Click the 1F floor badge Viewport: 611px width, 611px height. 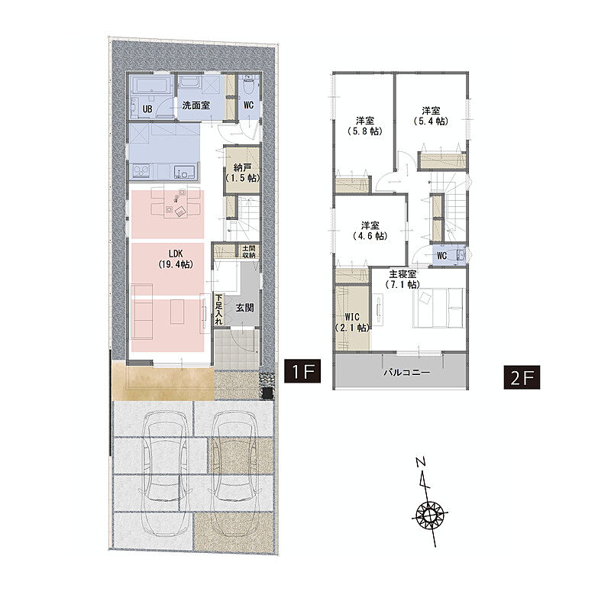[302, 370]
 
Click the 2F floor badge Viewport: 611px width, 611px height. [522, 377]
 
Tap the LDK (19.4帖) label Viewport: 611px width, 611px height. [176, 259]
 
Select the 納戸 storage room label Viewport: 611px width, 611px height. [242, 173]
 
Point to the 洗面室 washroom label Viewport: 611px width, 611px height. [196, 105]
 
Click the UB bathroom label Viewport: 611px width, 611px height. [147, 108]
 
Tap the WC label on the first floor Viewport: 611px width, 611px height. [248, 105]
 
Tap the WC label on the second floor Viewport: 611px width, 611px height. [442, 256]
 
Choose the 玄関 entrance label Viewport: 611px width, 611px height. [244, 308]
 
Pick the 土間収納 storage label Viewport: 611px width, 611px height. [249, 252]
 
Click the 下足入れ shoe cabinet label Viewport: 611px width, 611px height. [218, 309]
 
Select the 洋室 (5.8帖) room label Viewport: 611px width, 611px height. [365, 126]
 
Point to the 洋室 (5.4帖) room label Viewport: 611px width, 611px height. [431, 116]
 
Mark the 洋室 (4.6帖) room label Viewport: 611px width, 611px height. [370, 231]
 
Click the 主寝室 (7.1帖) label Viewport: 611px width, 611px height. [402, 279]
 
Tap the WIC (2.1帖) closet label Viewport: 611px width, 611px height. [352, 322]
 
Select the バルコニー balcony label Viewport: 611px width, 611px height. [407, 372]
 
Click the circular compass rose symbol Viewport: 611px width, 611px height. [430, 516]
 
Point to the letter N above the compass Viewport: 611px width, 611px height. [421, 463]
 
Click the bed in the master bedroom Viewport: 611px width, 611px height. [438, 308]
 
